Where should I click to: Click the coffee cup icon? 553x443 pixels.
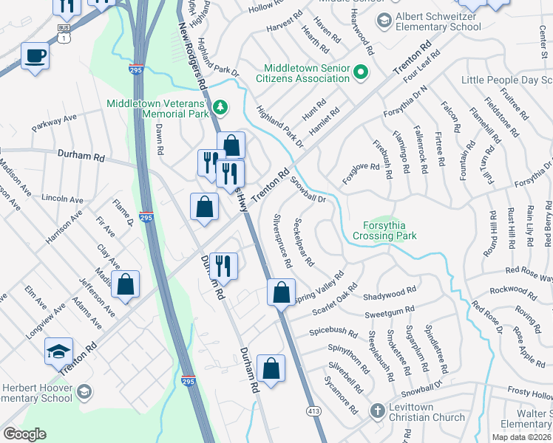tap(35, 55)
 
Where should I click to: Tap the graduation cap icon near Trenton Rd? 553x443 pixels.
tap(59, 352)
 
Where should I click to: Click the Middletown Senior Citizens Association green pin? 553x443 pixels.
tap(361, 72)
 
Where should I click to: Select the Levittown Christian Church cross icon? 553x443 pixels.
tap(377, 410)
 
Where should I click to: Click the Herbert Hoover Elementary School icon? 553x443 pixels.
tap(84, 391)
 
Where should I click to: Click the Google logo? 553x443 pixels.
tap(25, 434)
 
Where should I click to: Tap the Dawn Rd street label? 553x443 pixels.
tap(159, 138)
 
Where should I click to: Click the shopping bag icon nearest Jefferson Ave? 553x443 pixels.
tap(126, 284)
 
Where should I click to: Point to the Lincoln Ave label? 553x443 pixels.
tap(63, 199)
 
